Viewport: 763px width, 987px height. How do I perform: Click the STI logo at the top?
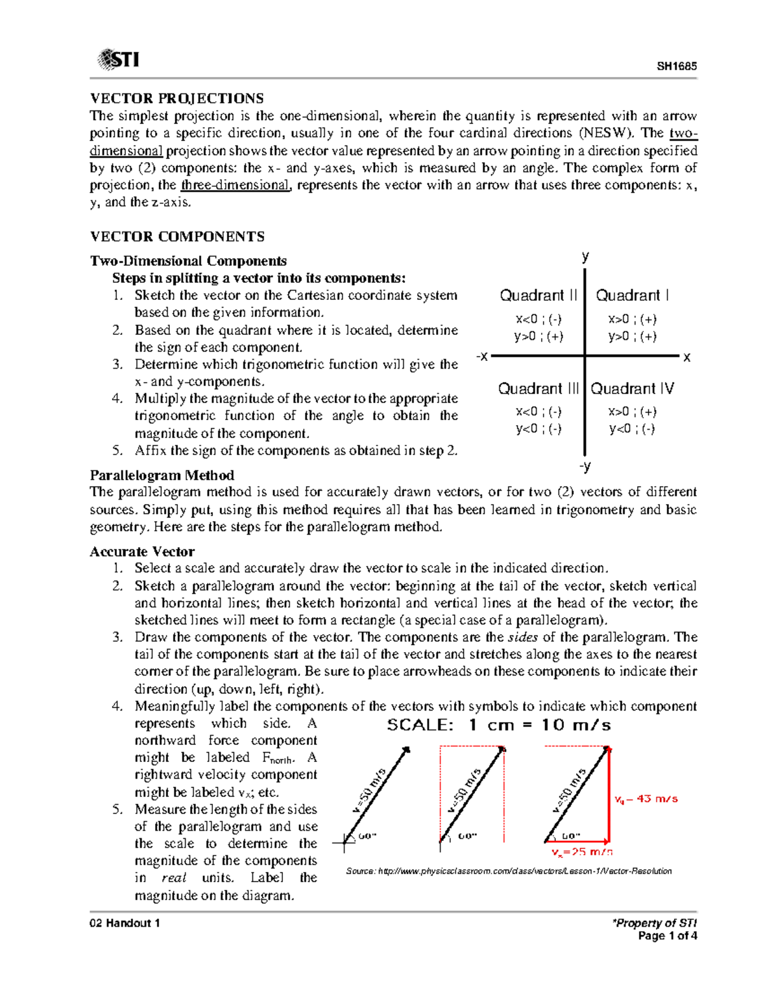point(118,60)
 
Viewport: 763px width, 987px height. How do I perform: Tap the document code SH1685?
point(677,66)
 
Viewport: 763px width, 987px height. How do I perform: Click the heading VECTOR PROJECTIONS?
point(177,99)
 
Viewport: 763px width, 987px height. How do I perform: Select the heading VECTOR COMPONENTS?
point(177,236)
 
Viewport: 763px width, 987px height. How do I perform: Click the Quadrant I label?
point(632,296)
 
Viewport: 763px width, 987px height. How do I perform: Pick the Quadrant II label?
point(539,296)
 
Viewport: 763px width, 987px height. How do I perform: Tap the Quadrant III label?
point(538,388)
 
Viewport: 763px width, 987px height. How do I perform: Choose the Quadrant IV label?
point(633,388)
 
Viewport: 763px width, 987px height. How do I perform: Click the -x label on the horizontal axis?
point(482,357)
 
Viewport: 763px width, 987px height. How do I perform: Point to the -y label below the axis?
point(585,466)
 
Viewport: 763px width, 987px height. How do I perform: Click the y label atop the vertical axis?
point(586,256)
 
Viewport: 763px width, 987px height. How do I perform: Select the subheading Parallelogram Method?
point(162,475)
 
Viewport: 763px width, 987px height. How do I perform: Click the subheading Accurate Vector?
point(142,552)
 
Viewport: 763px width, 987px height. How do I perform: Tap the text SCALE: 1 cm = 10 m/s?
point(499,725)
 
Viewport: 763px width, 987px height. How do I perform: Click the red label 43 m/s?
point(647,799)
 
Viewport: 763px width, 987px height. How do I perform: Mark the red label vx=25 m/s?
point(582,852)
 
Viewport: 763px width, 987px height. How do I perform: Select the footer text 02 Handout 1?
point(125,923)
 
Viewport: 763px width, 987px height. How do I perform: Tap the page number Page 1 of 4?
point(668,936)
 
